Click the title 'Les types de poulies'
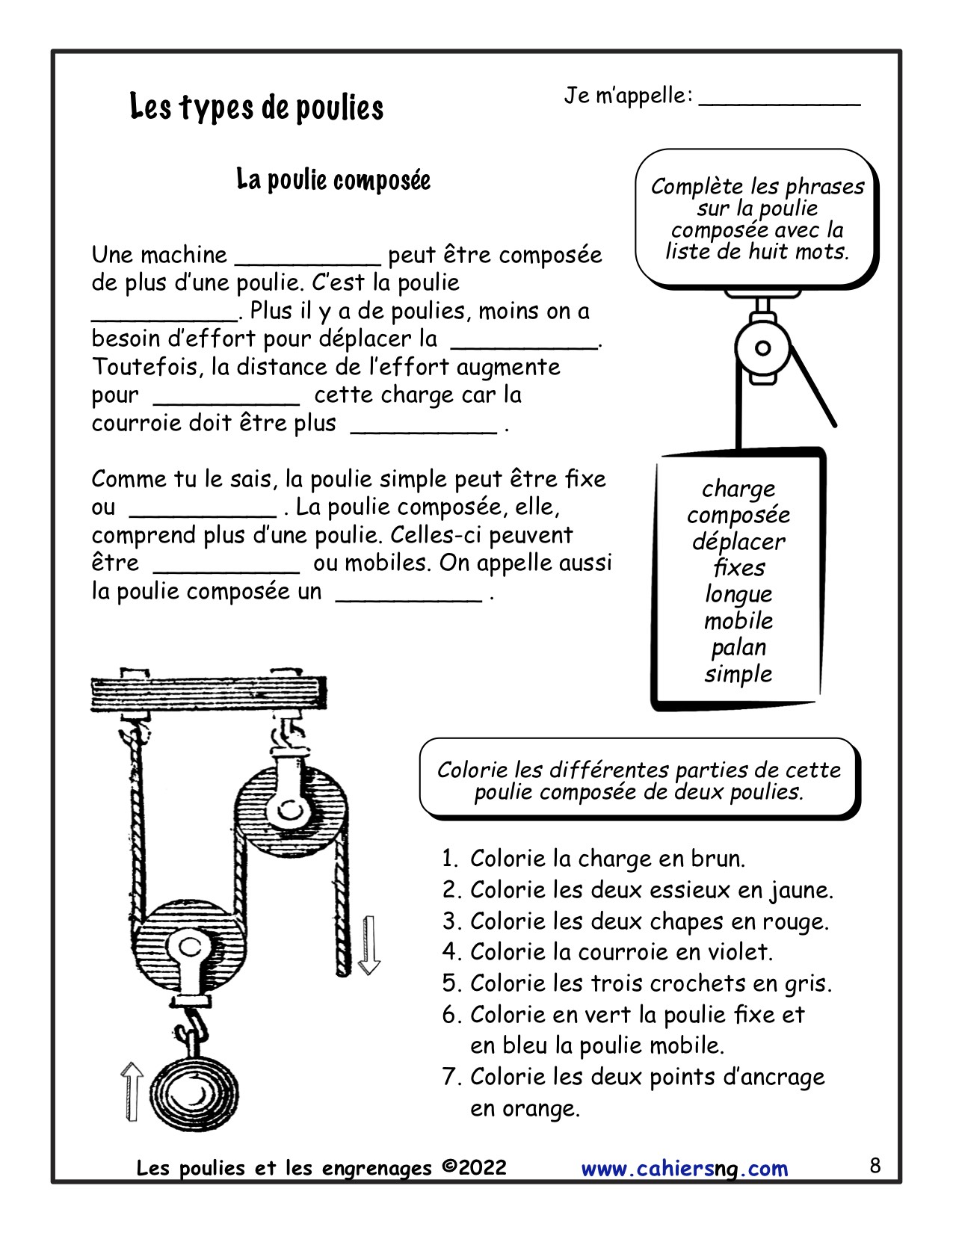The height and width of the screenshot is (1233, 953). click(256, 108)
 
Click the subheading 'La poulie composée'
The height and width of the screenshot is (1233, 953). click(333, 180)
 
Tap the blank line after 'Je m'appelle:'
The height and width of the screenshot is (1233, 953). click(780, 99)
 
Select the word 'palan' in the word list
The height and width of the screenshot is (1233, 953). click(738, 647)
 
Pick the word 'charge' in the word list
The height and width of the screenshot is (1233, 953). click(738, 489)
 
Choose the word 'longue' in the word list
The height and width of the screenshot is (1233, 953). click(738, 594)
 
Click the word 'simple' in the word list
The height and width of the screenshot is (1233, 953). click(738, 673)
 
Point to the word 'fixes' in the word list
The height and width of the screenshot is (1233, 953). click(738, 568)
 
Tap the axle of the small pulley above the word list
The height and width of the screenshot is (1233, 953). click(762, 347)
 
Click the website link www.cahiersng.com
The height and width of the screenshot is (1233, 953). click(684, 1168)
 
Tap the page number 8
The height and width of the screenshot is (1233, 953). click(875, 1165)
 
